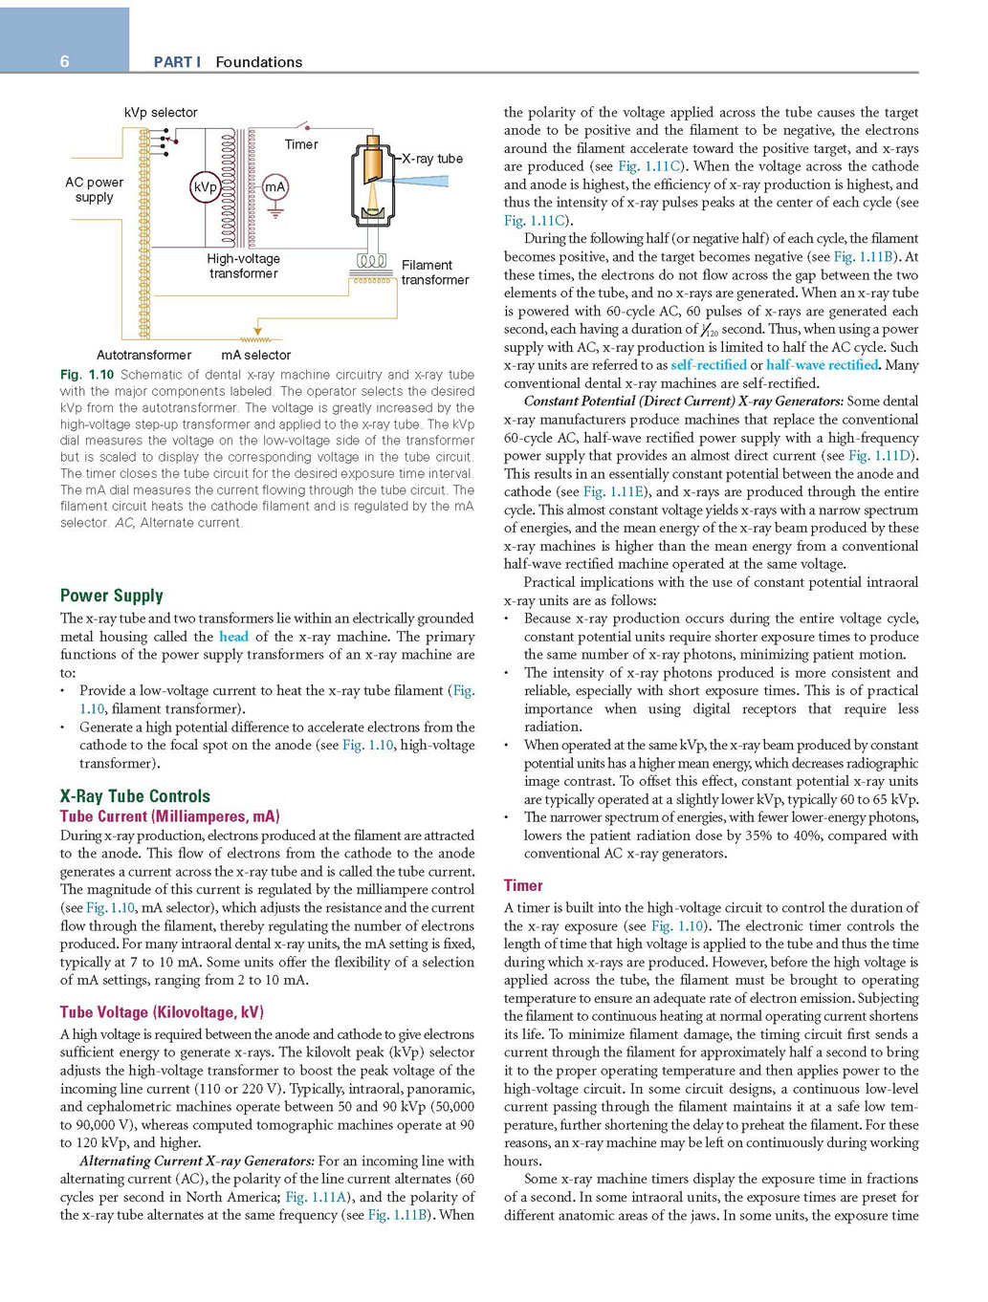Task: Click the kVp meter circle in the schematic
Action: (x=205, y=187)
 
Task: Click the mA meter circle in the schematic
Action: (x=275, y=187)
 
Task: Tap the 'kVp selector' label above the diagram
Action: (x=161, y=113)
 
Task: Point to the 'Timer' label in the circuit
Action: (x=301, y=144)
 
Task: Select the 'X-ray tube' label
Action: (x=432, y=159)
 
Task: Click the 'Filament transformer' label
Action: (x=434, y=272)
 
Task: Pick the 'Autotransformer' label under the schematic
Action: (x=143, y=355)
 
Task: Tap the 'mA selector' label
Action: (x=255, y=355)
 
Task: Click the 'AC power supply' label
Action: (x=94, y=189)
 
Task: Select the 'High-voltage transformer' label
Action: (x=243, y=266)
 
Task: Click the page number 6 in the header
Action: (x=65, y=61)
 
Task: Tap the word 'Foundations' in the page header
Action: (x=258, y=62)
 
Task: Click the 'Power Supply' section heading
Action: (x=112, y=596)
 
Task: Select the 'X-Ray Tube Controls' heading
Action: (x=135, y=796)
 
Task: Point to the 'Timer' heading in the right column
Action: (x=523, y=885)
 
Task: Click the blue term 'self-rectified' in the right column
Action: (x=709, y=365)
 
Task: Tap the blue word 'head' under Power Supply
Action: (x=233, y=637)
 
